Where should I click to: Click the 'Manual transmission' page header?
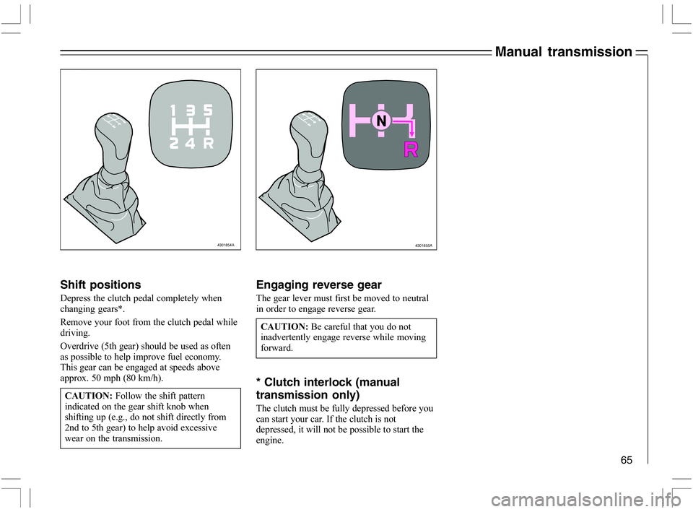562,51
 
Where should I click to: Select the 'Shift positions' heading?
100,285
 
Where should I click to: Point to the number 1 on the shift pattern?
174,110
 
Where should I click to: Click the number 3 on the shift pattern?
191,110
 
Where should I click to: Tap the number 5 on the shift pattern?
208,110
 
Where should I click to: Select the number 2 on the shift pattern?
174,143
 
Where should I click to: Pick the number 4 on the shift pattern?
191,143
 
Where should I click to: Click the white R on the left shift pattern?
208,143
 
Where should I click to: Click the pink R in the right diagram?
410,150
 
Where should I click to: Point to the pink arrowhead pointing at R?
410,135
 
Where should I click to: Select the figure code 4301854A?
226,245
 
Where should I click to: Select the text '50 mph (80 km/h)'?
126,378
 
